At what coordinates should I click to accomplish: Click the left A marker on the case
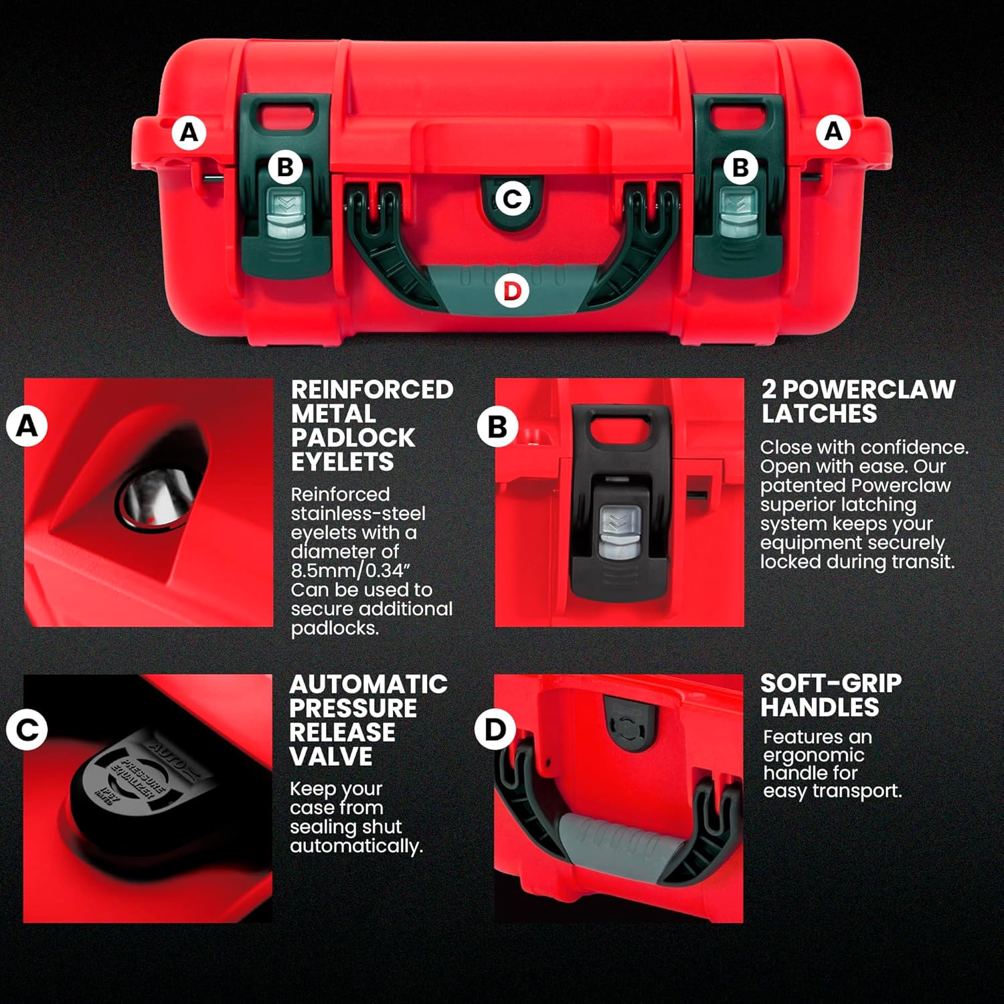click(189, 133)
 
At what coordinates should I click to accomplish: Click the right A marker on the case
click(833, 131)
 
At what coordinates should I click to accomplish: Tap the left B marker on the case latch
click(285, 167)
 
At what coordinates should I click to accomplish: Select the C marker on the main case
click(512, 199)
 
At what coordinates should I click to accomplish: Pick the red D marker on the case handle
click(512, 291)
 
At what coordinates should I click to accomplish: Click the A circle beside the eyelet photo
click(27, 426)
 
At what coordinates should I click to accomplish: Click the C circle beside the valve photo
click(27, 729)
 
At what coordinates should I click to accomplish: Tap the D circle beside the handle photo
click(495, 729)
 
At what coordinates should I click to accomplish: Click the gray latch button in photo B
click(619, 533)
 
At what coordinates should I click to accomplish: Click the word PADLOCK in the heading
click(353, 438)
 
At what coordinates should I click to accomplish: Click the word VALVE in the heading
click(331, 756)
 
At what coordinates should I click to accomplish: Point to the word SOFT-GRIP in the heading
click(831, 683)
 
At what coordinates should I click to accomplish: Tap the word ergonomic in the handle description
click(814, 756)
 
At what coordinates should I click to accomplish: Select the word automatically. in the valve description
click(356, 846)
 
